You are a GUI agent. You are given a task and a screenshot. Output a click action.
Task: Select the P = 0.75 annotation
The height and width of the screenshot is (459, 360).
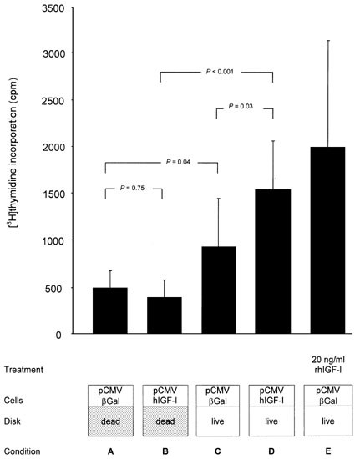tap(134, 189)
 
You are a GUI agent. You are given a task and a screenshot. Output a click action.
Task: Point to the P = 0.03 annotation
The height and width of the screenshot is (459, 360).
tap(245, 106)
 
